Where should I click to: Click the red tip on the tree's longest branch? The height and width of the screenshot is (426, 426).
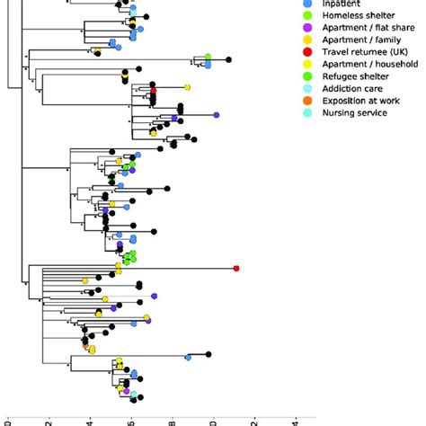click(x=236, y=268)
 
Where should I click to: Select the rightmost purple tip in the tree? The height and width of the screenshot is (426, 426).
click(x=216, y=115)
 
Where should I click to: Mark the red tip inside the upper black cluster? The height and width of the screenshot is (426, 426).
click(x=154, y=92)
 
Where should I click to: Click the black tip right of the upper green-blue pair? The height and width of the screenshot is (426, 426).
click(x=228, y=59)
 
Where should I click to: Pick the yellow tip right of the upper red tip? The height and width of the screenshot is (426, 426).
click(x=187, y=87)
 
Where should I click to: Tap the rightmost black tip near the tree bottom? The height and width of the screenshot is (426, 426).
click(x=209, y=354)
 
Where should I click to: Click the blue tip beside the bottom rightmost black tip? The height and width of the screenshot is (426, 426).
click(x=188, y=358)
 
